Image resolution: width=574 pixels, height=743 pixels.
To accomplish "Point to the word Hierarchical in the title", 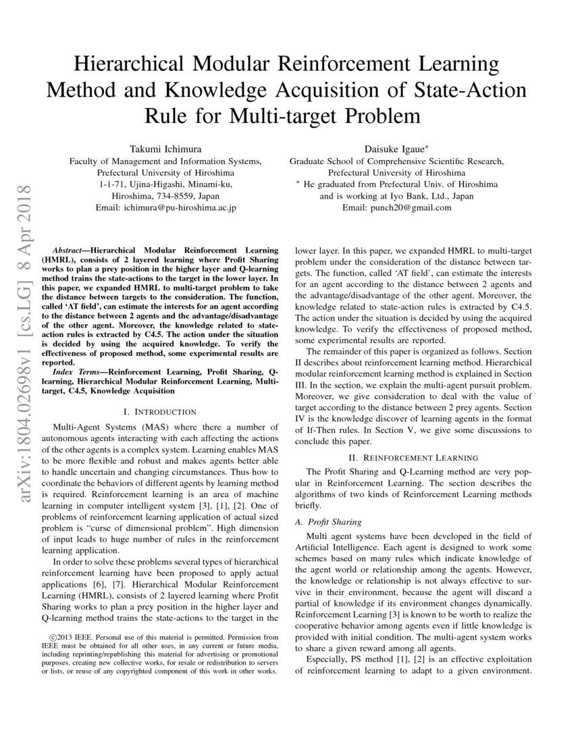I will pos(140,66).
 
